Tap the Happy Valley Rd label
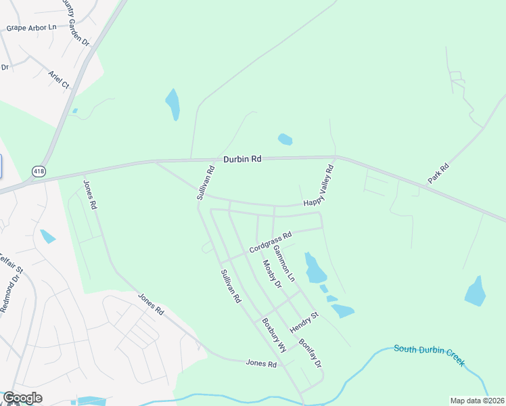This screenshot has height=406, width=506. (319, 186)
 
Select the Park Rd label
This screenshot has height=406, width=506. (438, 174)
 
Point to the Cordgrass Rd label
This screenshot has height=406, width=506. (270, 242)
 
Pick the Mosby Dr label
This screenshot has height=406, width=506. (272, 274)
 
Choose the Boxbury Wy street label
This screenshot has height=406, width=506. (274, 334)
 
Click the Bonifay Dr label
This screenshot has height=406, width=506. (310, 353)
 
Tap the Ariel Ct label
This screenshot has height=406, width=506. (59, 80)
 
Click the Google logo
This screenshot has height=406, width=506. (22, 398)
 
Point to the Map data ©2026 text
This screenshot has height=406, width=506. (478, 401)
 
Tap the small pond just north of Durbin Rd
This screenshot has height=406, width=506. (285, 139)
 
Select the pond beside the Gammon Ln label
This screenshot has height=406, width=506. (315, 269)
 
